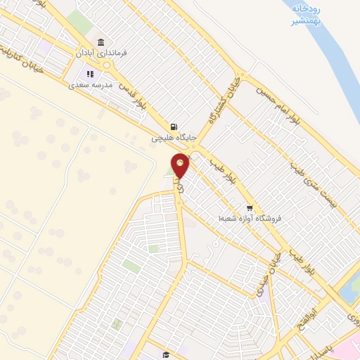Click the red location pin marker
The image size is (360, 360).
tap(181, 166)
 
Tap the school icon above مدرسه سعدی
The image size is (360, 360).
tap(89, 74)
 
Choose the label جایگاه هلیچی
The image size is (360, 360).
tap(173, 139)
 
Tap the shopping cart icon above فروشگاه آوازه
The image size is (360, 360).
tap(250, 207)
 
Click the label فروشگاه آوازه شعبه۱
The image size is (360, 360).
tap(250, 219)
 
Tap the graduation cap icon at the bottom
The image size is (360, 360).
tap(165, 354)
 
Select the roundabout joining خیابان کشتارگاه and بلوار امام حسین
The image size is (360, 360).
tap(243, 75)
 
